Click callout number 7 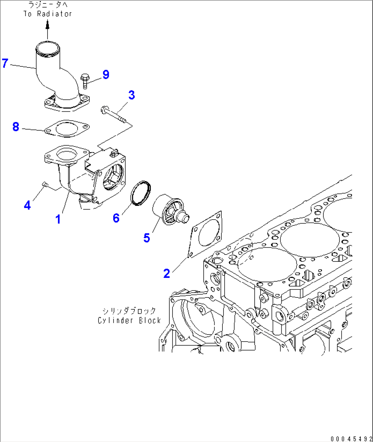(5, 63)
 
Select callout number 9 (106, 74)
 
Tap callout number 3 (131, 95)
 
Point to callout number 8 (16, 127)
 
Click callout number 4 (27, 205)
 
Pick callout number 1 (58, 219)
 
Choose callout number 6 (116, 218)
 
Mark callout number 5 (147, 237)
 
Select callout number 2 (167, 273)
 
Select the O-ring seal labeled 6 (141, 193)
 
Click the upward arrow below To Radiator (48, 29)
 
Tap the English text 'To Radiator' (48, 14)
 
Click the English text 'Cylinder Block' (129, 321)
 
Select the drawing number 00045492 (351, 439)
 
